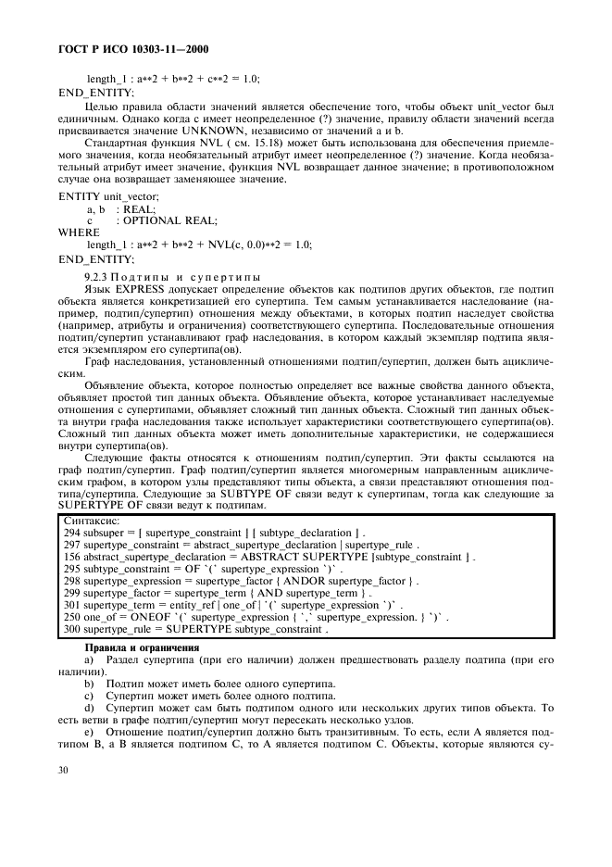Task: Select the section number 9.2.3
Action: pos(97,277)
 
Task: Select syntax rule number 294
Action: pos(72,534)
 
